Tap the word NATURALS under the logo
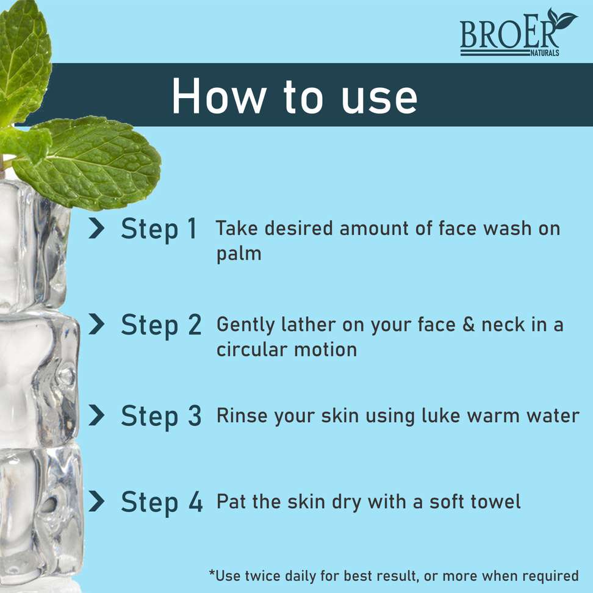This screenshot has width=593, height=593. pyautogui.click(x=545, y=53)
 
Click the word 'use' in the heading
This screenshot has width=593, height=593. pyautogui.click(x=379, y=100)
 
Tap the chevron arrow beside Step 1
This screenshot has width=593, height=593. pyautogui.click(x=96, y=228)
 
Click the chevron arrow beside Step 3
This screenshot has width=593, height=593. pyautogui.click(x=96, y=415)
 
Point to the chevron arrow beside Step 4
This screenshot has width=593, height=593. pyautogui.click(x=96, y=501)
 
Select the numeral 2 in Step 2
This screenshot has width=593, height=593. pyautogui.click(x=195, y=325)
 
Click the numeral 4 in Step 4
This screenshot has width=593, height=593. pyautogui.click(x=195, y=501)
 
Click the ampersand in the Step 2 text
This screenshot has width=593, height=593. pyautogui.click(x=469, y=325)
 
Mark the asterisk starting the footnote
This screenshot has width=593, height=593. pyautogui.click(x=212, y=573)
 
